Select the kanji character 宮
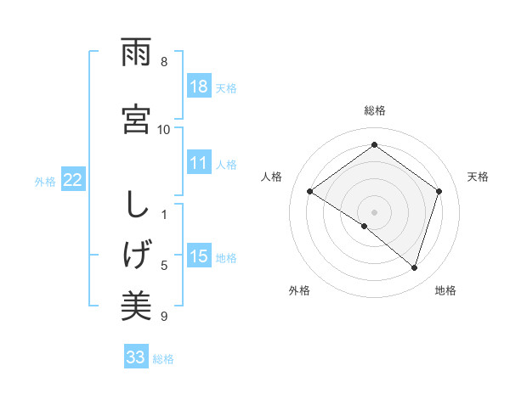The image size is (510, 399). coord(136,120)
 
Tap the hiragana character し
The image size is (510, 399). coord(136,205)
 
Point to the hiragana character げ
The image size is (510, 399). coord(136,254)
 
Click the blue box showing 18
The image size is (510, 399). coord(199,87)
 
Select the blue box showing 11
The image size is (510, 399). coord(199,164)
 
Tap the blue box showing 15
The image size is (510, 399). coord(199,257)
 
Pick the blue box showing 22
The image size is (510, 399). coord(73,180)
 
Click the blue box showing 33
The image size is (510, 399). coord(136,358)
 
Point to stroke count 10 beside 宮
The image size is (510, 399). coord(164,129)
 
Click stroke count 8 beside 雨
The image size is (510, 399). coord(164,62)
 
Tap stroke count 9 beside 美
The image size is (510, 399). coord(164,317)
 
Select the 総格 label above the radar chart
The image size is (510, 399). coord(374,110)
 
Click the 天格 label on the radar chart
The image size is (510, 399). coord(479,177)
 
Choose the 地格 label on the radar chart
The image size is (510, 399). coord(445,290)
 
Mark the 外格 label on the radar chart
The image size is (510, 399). coord(299,290)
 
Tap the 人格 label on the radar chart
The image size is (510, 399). coord(272,177)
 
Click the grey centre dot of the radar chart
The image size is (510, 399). coord(374,211)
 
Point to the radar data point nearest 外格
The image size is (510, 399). coord(365,226)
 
